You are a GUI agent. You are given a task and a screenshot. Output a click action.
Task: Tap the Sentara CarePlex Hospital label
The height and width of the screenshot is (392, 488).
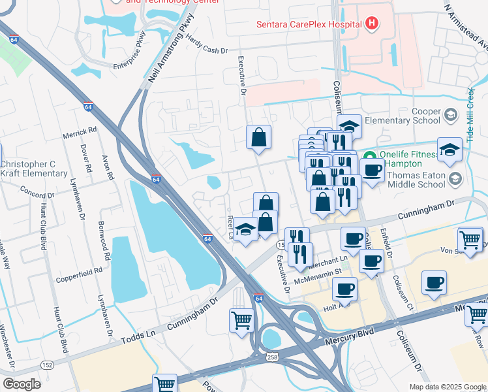308,25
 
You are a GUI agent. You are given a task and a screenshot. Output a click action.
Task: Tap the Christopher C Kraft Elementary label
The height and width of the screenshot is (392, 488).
34,169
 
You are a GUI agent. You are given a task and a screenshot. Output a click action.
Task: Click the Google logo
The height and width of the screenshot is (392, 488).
22,384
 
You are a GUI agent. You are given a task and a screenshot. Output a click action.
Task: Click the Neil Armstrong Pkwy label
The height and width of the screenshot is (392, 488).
171,49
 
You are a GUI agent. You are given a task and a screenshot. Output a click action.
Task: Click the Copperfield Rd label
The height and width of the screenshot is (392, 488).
79,269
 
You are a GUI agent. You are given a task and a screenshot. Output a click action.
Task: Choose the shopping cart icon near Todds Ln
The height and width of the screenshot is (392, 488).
241,321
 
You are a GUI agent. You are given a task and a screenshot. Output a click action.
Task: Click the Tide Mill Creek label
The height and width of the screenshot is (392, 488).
470,115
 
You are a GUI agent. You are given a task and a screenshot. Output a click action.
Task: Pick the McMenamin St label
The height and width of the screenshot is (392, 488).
319,270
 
